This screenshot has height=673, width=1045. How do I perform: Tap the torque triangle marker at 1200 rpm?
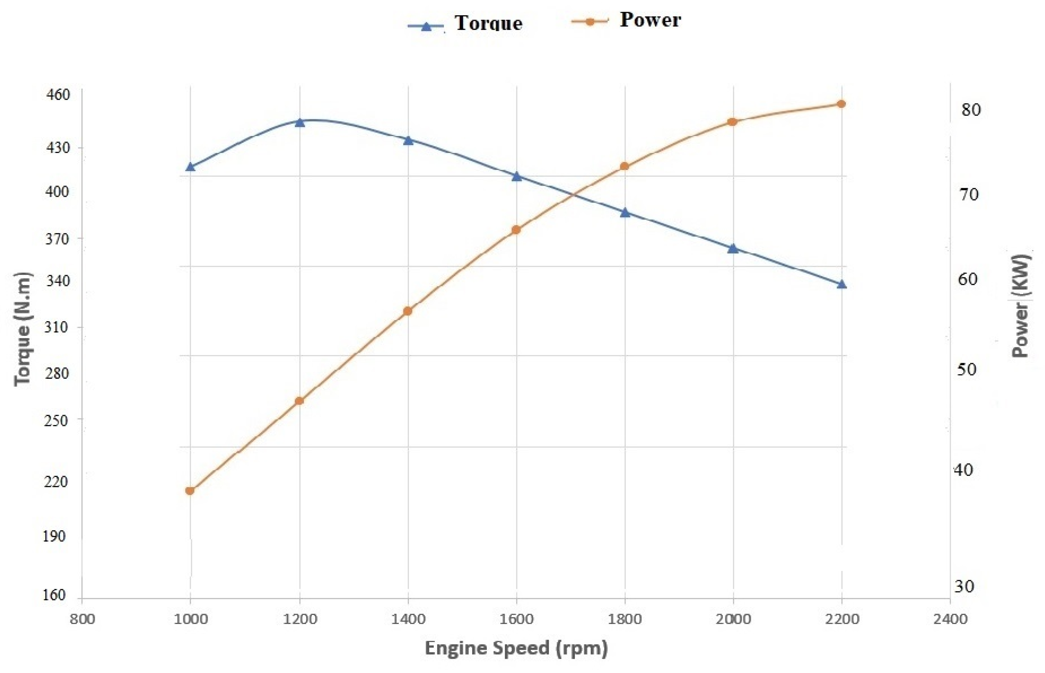pyautogui.click(x=299, y=122)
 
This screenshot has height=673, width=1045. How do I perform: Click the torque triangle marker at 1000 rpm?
pyautogui.click(x=190, y=167)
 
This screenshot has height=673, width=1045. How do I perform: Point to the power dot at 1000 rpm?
pyautogui.click(x=190, y=491)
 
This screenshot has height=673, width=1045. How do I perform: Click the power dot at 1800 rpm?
pyautogui.click(x=624, y=166)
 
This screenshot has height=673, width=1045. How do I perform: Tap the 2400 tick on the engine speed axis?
pyautogui.click(x=950, y=619)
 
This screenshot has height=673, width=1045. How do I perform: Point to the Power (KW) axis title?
pyautogui.click(x=1021, y=306)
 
